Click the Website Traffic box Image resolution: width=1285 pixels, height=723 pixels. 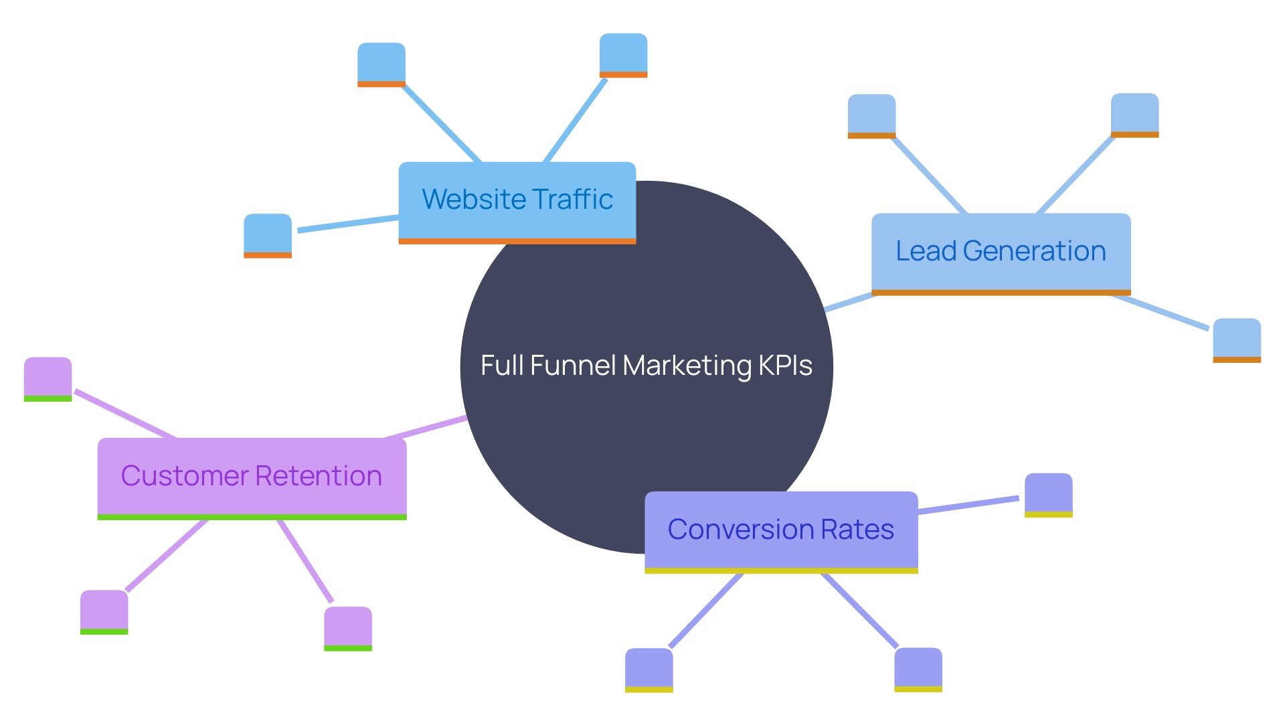(x=517, y=201)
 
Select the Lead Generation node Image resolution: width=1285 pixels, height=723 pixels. (x=1001, y=252)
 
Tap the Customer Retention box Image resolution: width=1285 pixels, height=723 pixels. (x=252, y=477)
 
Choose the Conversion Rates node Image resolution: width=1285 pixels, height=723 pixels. (x=781, y=530)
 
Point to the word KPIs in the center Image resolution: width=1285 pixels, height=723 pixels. (x=785, y=366)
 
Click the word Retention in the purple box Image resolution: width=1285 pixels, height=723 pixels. (x=319, y=476)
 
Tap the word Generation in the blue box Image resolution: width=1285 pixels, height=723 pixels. (x=1034, y=252)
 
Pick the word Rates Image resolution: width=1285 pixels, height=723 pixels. (x=857, y=530)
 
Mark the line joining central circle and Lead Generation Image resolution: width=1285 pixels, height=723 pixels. (x=849, y=303)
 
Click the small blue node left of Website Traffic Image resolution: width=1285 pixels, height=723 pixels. (x=268, y=235)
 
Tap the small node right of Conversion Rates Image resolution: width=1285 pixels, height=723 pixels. (x=1048, y=495)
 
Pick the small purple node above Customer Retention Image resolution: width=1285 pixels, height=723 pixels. (x=48, y=378)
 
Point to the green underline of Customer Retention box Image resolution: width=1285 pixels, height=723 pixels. (x=252, y=517)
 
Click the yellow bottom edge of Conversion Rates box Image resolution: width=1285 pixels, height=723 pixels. (x=781, y=570)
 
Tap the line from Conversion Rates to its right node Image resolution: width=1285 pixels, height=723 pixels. (x=968, y=505)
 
